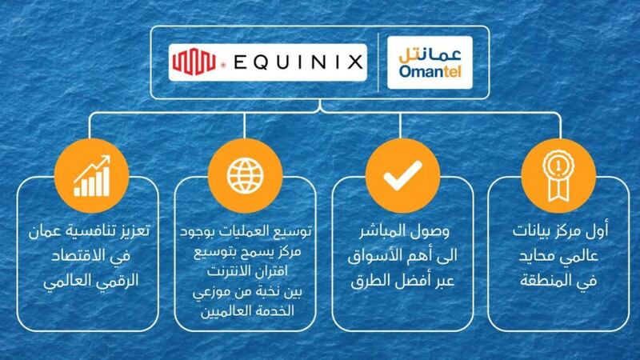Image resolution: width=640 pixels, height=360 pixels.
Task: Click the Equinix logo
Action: point(268,61)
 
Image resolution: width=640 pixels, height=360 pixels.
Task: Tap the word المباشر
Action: point(377,233)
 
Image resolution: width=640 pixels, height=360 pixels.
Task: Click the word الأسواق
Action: point(378,255)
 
